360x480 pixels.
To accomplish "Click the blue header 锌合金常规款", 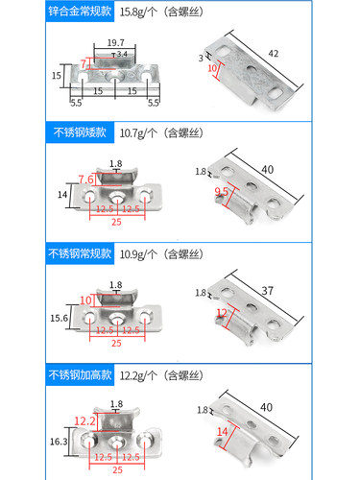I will (x=43, y=12).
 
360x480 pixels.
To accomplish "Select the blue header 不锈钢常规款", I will (x=43, y=253).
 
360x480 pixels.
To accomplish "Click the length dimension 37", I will (x=295, y=289).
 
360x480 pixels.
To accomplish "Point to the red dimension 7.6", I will (x=85, y=180).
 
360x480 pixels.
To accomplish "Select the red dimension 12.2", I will (x=84, y=420).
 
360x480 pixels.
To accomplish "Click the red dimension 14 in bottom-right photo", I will (x=224, y=431).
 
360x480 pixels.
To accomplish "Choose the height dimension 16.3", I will (x=58, y=443).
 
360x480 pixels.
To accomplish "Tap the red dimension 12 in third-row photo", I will (x=223, y=313).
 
